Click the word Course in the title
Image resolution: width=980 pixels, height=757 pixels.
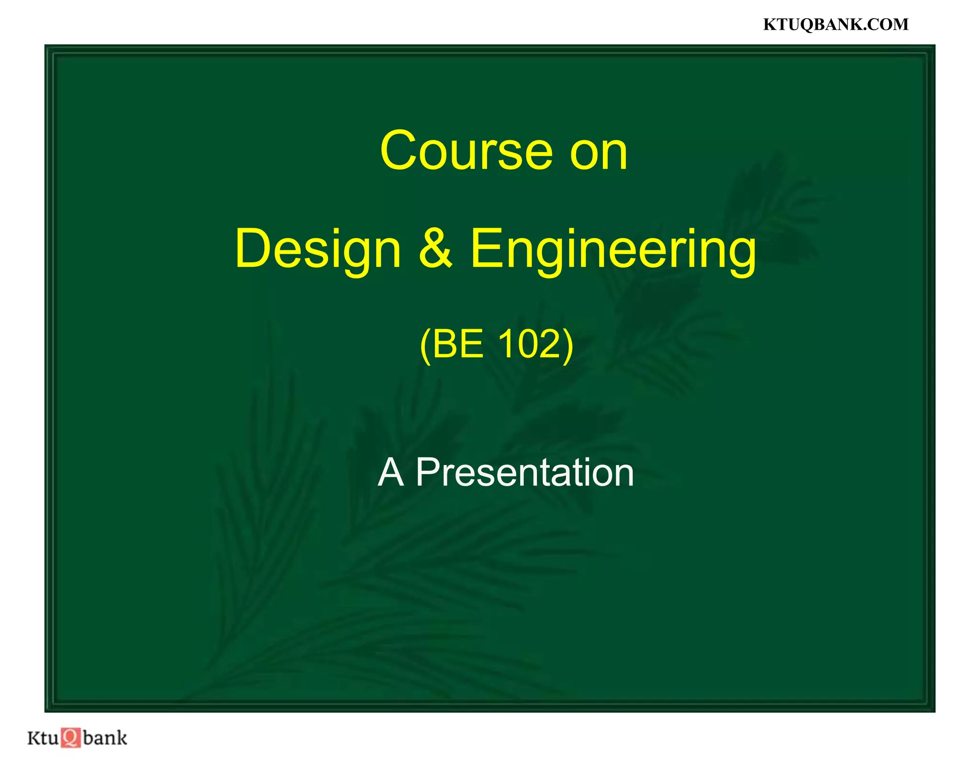[466, 151]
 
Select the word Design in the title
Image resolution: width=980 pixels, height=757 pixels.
[318, 250]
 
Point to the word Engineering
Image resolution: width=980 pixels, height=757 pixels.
[613, 250]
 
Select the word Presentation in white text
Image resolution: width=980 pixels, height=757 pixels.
[524, 473]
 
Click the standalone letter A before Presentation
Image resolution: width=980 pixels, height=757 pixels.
[390, 473]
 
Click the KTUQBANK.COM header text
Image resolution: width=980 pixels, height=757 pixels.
[835, 24]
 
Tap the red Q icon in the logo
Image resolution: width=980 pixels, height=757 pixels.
[71, 737]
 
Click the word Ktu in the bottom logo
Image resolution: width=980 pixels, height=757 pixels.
[43, 737]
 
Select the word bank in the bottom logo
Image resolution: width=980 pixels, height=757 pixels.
[105, 737]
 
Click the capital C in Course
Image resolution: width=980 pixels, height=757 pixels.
[401, 151]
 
